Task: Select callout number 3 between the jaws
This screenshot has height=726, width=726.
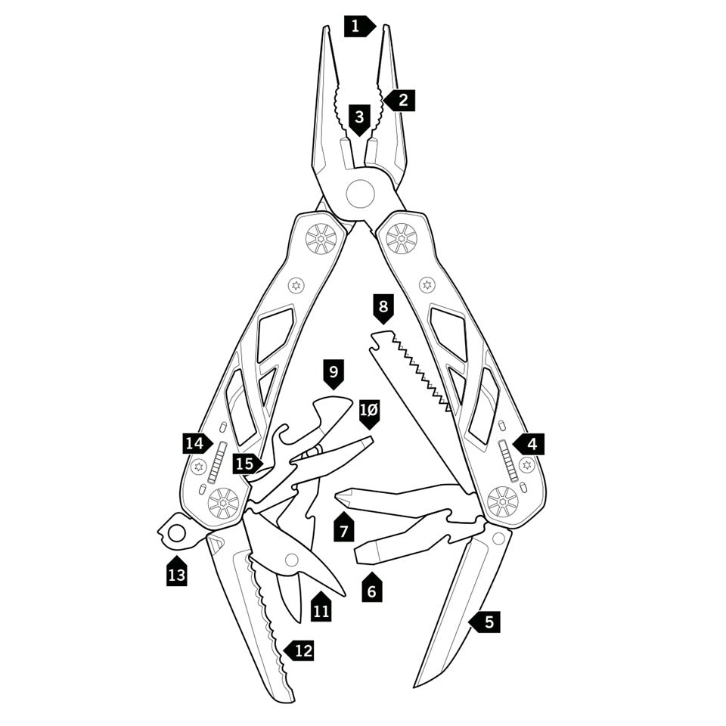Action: (359, 117)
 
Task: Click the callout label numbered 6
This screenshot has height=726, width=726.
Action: (370, 589)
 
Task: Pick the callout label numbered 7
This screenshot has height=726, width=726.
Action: (343, 529)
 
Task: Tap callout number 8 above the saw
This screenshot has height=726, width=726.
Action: (383, 308)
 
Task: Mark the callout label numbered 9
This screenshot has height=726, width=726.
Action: (333, 372)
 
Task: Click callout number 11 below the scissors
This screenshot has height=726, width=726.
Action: (321, 609)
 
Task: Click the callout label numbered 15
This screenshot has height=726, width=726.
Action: (245, 464)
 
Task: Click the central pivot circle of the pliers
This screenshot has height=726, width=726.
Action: (361, 193)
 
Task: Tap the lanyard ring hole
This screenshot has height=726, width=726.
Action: (176, 532)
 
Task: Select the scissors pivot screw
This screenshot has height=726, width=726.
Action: (291, 560)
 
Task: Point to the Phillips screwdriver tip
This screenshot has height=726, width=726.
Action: (340, 495)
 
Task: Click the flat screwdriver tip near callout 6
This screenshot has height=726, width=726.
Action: (360, 553)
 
